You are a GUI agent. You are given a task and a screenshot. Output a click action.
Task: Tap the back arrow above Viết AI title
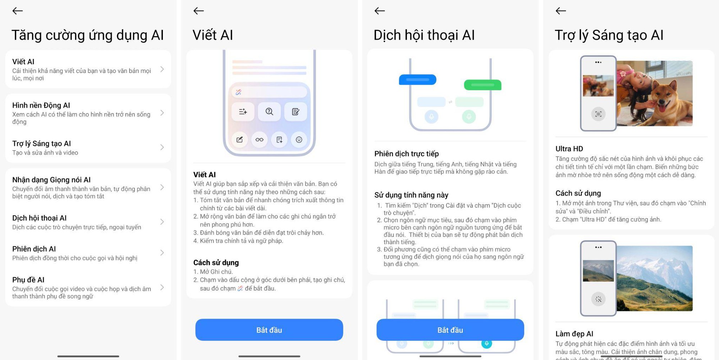point(198,11)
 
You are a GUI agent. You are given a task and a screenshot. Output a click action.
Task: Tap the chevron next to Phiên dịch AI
point(162,253)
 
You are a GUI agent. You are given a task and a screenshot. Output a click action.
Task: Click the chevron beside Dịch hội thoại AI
point(162,222)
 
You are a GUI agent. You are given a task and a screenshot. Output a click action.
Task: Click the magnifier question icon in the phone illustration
point(269,111)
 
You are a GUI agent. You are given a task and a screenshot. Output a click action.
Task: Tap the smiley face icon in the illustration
point(299,139)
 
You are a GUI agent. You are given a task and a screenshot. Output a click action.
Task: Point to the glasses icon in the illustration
point(259,139)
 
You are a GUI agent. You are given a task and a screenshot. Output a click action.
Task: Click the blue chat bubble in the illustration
point(418,79)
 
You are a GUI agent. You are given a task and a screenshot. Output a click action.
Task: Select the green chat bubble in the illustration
point(482,85)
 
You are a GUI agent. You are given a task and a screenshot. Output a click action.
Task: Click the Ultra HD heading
point(569,149)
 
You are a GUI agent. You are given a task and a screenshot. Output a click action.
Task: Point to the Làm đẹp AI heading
point(574,334)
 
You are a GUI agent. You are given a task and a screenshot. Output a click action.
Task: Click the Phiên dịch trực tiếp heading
point(406,154)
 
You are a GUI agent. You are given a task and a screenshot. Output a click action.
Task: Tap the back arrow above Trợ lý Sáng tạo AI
point(561,11)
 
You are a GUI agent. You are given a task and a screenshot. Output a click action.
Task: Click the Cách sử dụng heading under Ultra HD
point(578,193)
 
